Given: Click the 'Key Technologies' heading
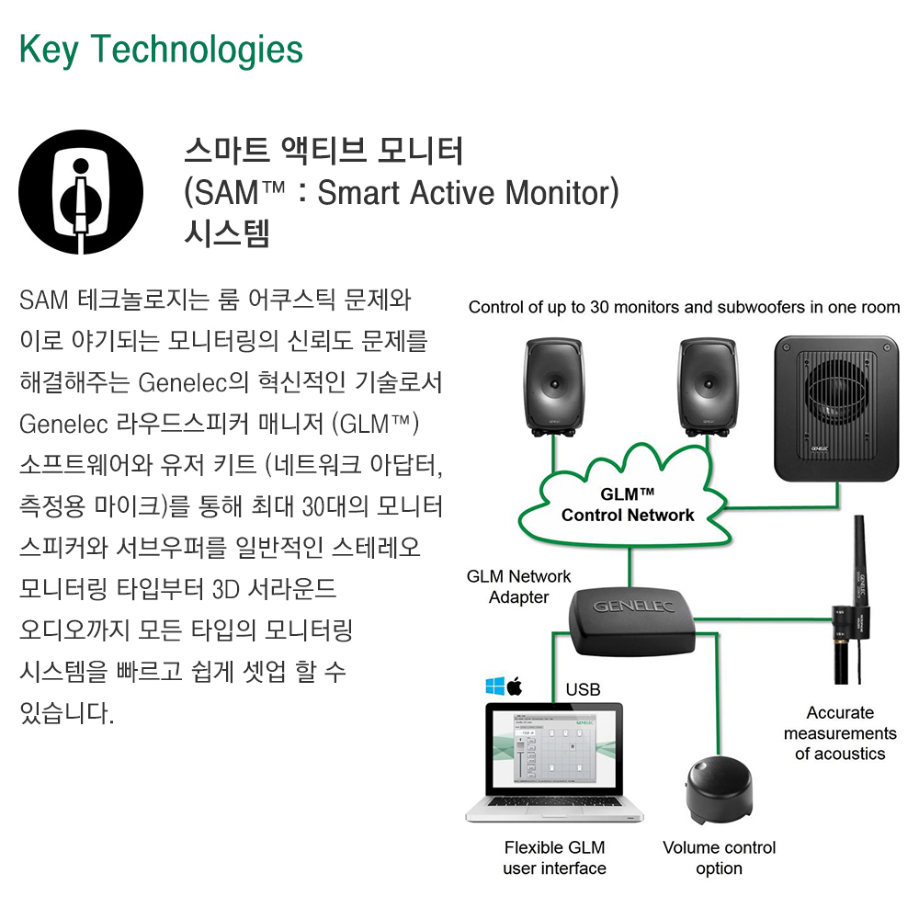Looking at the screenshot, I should point(161,50).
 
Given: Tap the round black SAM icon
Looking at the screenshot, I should point(81,192).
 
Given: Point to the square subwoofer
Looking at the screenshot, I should point(835,407).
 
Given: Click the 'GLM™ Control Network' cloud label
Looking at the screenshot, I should point(628,505).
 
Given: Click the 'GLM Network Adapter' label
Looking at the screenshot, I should point(518,587).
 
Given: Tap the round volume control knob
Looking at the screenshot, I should point(720,785).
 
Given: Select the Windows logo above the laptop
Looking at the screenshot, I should point(495,686).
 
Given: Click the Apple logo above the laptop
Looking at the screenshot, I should point(515,686).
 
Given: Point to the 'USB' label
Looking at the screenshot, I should point(583,689).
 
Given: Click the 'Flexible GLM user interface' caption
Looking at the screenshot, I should point(554,857).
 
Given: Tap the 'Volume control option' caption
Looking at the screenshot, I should point(719,857).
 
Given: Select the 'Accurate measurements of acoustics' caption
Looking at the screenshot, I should point(840,733).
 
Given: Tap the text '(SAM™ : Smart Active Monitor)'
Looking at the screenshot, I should point(402,193).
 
